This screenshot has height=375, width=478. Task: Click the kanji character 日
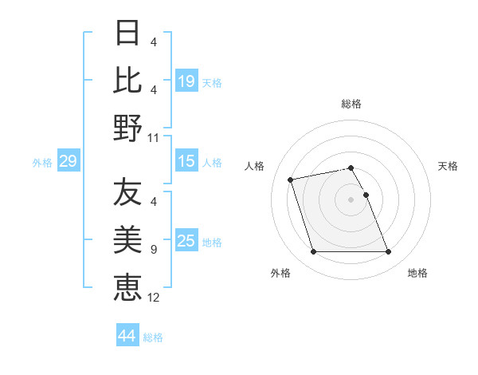click(x=127, y=34)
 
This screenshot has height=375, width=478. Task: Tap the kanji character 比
click(x=127, y=80)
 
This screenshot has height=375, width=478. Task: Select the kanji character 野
click(x=127, y=127)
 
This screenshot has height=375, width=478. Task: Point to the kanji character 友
click(x=127, y=191)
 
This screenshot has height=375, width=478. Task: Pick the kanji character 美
click(x=127, y=239)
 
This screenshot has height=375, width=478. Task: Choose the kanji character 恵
click(x=127, y=286)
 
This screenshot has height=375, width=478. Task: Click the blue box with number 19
click(x=186, y=81)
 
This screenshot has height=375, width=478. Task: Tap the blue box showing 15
click(x=186, y=162)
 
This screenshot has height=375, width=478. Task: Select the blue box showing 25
click(x=186, y=241)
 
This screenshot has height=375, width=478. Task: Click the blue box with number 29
click(x=68, y=162)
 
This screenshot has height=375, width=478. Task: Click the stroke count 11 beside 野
click(x=153, y=137)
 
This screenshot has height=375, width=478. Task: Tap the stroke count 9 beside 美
click(x=153, y=250)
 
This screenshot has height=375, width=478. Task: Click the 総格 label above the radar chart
click(x=351, y=104)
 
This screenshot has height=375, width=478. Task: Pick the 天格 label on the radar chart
click(x=449, y=166)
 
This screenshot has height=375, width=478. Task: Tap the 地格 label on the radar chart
click(x=417, y=273)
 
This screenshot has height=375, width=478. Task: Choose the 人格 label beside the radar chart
click(x=255, y=166)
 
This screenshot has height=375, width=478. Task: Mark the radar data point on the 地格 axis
click(x=388, y=252)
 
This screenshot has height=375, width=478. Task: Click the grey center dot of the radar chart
click(x=351, y=199)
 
